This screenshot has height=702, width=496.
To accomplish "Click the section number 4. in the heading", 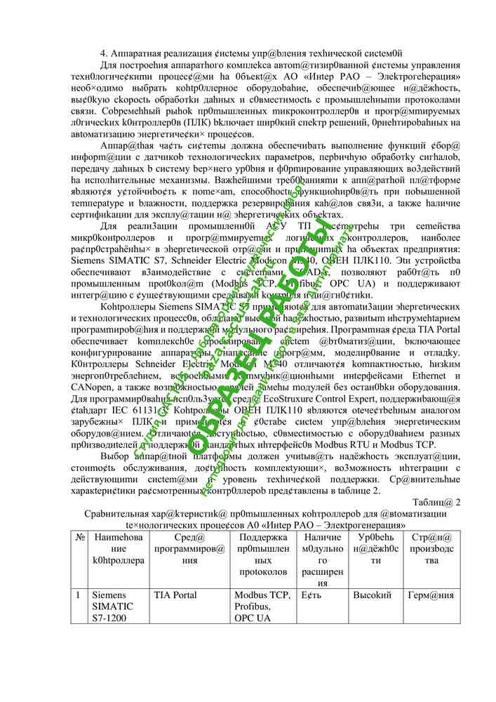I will (105, 53).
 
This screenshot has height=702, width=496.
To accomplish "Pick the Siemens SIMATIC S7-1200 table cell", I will (113, 607).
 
